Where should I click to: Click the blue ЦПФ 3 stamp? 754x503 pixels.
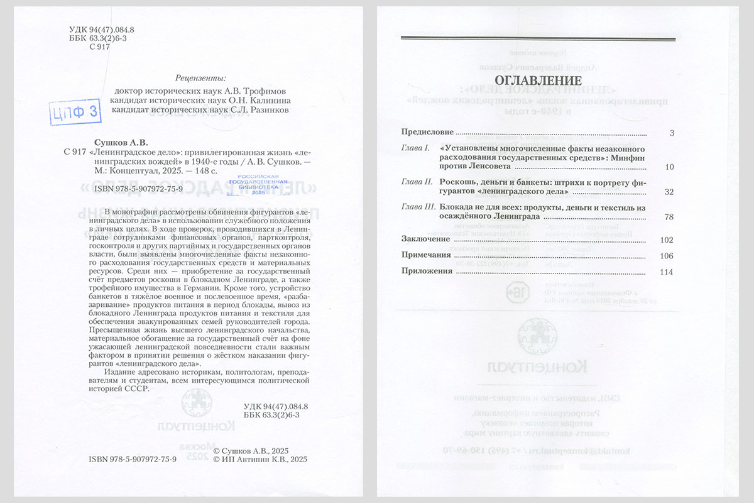click(75, 112)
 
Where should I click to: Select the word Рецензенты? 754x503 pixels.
click(200, 78)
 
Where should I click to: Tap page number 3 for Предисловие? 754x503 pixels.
click(671, 133)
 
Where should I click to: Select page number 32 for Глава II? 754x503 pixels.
click(669, 192)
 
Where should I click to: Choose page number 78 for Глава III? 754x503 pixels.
click(669, 217)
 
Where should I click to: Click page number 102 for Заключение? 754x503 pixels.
click(667, 240)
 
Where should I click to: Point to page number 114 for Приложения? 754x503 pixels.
click(667, 272)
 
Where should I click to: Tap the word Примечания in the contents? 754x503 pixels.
click(426, 255)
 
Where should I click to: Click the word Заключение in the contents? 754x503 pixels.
click(425, 240)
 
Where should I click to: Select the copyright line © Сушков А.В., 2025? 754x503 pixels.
click(251, 451)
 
